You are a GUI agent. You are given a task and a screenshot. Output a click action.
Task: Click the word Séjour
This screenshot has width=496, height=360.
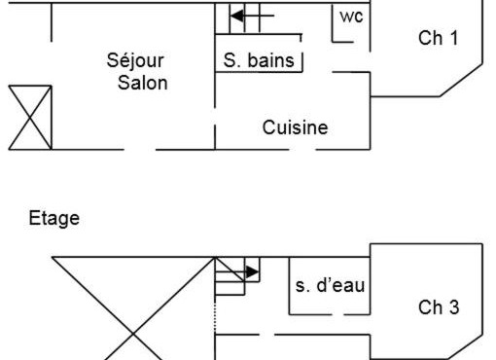pyautogui.click(x=135, y=61)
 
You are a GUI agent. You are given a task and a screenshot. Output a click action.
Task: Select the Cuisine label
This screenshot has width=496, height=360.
pyautogui.click(x=295, y=126)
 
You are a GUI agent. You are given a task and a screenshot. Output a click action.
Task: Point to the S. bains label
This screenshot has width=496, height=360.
pyautogui.click(x=258, y=61)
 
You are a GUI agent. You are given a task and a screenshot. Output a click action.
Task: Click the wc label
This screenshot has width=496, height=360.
pyautogui.click(x=350, y=17)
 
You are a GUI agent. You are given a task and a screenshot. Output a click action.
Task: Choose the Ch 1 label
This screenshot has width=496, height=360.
pyautogui.click(x=438, y=38)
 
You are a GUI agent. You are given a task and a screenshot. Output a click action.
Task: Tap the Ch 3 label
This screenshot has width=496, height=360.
pyautogui.click(x=439, y=307)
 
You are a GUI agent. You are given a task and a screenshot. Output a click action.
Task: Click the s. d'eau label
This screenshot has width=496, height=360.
pyautogui.click(x=330, y=285)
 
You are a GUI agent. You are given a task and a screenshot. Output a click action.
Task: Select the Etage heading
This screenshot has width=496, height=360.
pyautogui.click(x=54, y=219)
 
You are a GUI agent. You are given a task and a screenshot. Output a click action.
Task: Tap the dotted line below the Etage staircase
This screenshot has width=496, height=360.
pyautogui.click(x=214, y=320)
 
